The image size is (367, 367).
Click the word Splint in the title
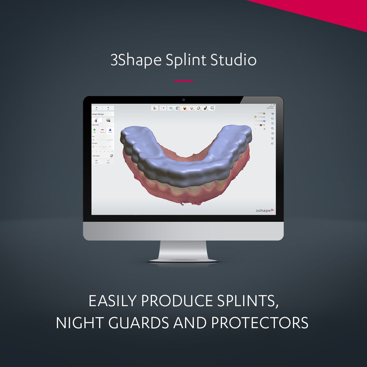186,60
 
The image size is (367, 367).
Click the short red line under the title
183,81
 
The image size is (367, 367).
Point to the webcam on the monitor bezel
183,100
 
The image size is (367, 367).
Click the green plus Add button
95,131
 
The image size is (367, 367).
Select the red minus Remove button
102,131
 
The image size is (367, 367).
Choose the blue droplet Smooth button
110,131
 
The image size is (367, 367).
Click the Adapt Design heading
98,114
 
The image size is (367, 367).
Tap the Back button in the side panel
97,108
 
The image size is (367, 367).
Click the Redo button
108,161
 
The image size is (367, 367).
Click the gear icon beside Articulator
112,156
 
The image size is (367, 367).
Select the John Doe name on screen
270,108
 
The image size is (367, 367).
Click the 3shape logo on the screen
265,210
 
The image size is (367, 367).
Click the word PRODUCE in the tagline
177,301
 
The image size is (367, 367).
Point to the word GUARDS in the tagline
139,323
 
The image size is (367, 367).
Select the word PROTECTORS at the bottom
260,323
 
